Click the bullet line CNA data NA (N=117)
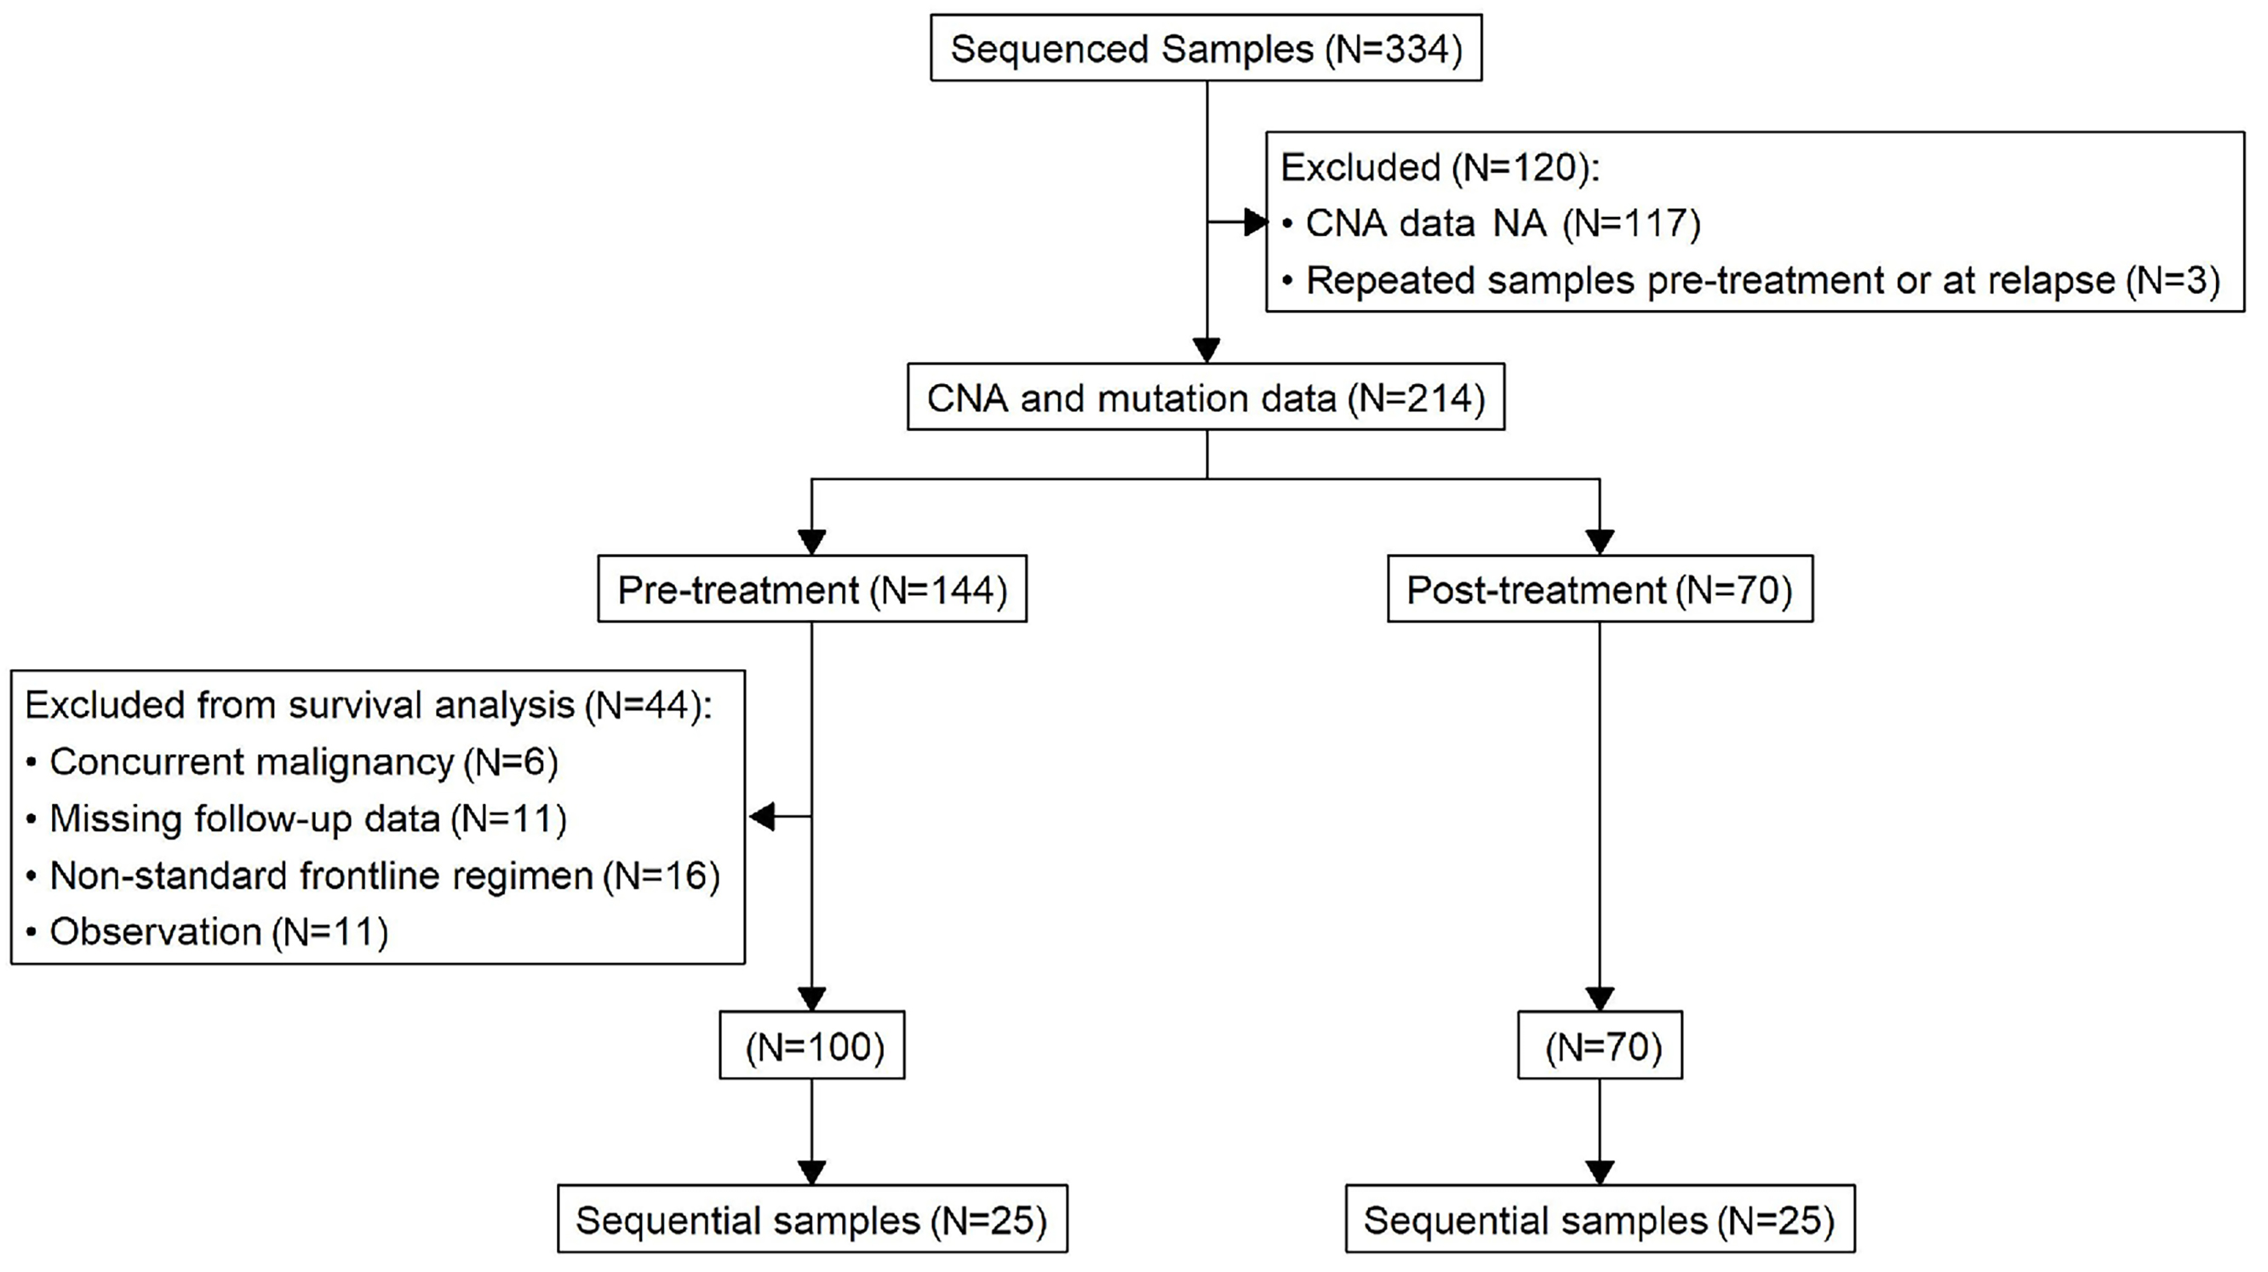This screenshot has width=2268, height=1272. pos(1492,224)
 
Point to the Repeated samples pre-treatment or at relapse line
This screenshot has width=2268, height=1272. pos(1751,281)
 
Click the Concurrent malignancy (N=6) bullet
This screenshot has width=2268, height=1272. pos(292,762)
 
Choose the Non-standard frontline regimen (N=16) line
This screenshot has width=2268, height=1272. pos(373,876)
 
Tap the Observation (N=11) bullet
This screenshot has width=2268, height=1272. pos(207,932)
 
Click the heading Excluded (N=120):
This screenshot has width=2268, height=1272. pos(1440,167)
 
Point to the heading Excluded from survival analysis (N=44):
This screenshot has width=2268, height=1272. pos(369,705)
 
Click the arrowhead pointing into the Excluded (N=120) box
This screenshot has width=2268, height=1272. pos(1256,223)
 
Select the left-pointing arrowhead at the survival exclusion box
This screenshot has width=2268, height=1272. pos(762,816)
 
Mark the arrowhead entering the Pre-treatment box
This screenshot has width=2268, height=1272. pos(811,541)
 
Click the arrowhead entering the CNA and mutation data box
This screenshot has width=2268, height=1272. pos(1206,350)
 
